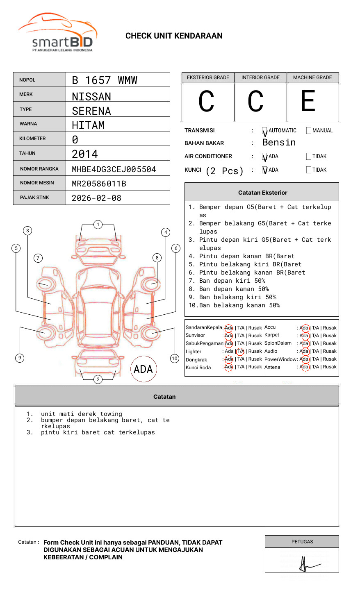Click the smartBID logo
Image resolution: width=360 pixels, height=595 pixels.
57,33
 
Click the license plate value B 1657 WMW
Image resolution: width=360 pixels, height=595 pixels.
105,80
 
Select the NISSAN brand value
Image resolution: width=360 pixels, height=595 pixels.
91,97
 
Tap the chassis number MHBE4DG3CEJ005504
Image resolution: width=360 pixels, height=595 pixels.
114,169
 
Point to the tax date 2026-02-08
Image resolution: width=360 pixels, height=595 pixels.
96,198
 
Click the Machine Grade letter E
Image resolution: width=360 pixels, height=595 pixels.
308,102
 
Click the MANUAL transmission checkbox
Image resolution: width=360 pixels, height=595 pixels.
309,131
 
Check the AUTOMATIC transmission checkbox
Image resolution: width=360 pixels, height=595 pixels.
264,131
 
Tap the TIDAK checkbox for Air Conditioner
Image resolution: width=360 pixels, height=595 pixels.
309,157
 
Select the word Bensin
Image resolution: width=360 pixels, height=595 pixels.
279,143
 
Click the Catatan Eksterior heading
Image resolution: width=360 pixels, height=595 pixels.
262,193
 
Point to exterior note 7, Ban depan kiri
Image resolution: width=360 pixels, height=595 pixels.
232,281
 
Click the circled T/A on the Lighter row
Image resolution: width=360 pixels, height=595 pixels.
240,351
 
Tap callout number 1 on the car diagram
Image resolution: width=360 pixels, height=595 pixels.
98,225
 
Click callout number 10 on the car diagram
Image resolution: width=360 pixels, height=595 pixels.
175,359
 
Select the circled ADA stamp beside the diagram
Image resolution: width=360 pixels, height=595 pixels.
143,369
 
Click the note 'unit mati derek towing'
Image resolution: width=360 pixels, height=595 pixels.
81,414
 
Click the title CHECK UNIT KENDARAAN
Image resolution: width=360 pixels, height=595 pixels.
174,36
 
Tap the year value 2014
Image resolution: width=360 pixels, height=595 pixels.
85,154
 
